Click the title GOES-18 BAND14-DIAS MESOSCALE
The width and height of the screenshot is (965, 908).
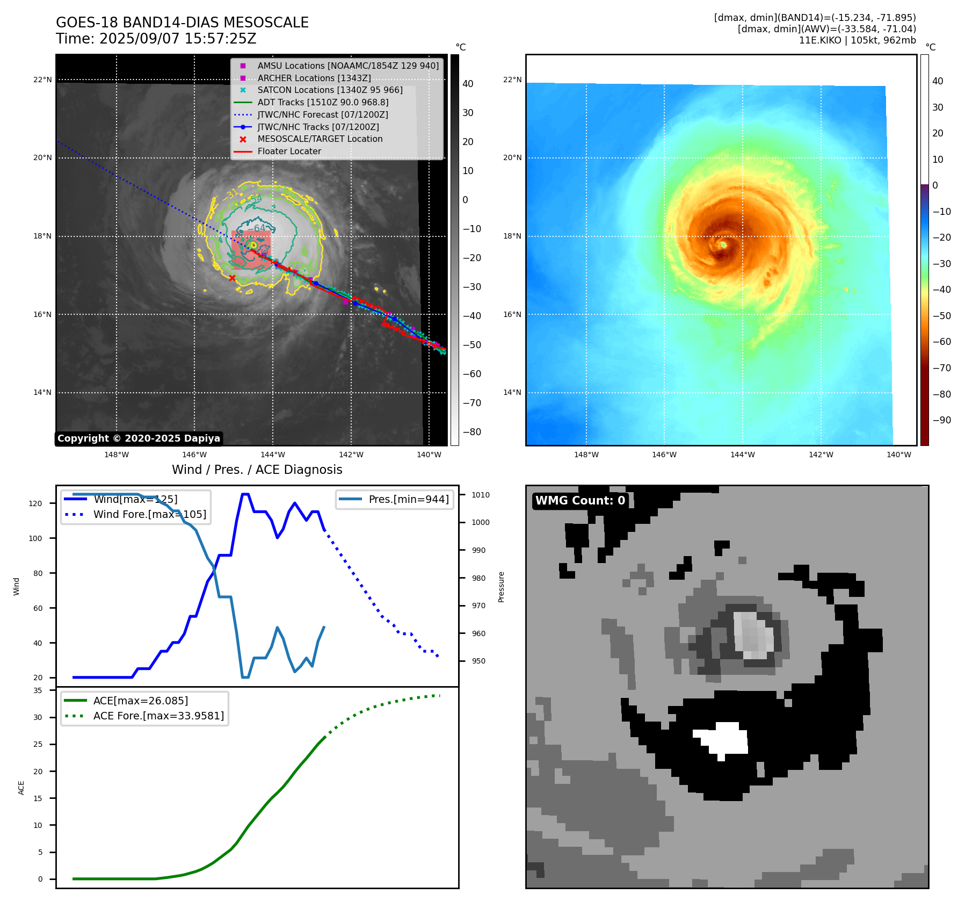click(182, 23)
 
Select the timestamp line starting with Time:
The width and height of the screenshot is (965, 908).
click(156, 39)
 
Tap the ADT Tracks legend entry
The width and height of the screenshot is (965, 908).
click(322, 102)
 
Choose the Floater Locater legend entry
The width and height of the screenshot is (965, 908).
click(289, 151)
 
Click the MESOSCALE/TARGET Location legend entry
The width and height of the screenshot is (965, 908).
click(320, 139)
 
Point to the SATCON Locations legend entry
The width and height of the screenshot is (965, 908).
click(330, 90)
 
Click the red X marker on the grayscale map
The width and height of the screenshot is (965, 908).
click(232, 278)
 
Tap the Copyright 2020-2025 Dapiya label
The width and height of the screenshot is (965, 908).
click(139, 438)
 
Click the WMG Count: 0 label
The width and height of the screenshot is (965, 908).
click(580, 500)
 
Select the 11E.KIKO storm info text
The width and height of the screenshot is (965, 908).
click(857, 40)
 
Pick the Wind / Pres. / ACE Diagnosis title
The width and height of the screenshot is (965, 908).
click(257, 470)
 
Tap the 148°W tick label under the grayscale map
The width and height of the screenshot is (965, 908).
click(117, 455)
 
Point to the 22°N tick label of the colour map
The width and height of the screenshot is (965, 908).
click(512, 80)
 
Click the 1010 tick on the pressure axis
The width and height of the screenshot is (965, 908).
click(481, 495)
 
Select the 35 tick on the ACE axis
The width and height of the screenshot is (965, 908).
click(38, 690)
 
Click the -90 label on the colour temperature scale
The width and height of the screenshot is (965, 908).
click(941, 420)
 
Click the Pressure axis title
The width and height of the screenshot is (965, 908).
click(501, 587)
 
